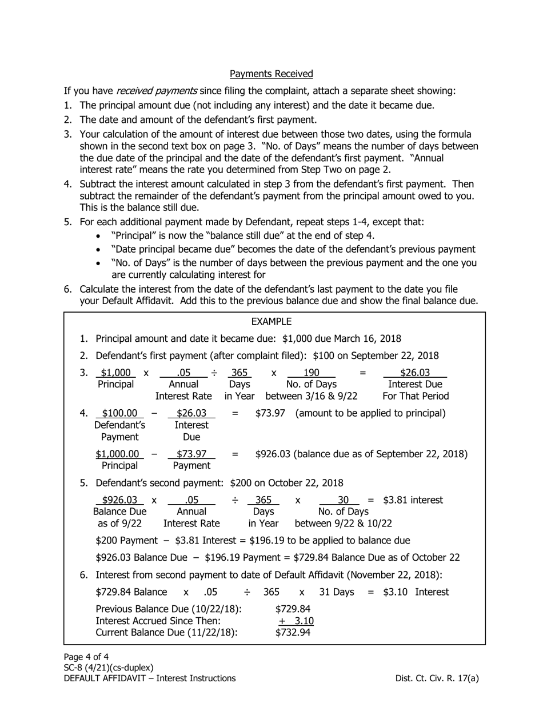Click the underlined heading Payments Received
[x=271, y=74]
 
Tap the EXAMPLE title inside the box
[x=271, y=322]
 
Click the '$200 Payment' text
[x=126, y=541]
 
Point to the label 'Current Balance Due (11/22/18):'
[x=166, y=632]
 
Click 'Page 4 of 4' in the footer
[x=86, y=657]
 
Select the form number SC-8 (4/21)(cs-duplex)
[x=109, y=668]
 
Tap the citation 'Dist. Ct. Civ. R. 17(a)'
[x=437, y=678]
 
